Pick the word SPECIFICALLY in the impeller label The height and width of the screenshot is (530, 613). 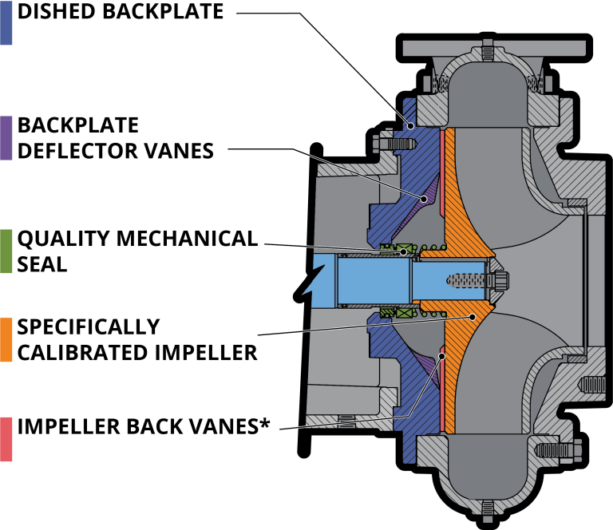point(89,327)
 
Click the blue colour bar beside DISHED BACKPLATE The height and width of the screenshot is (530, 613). point(6,22)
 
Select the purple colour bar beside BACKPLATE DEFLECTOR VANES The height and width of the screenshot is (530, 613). point(6,137)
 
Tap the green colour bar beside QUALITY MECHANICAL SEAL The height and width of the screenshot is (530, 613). point(6,251)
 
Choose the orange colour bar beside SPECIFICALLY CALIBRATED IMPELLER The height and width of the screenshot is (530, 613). point(6,340)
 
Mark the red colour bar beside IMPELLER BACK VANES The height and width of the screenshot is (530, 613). point(6,438)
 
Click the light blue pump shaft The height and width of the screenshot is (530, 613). point(367,283)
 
